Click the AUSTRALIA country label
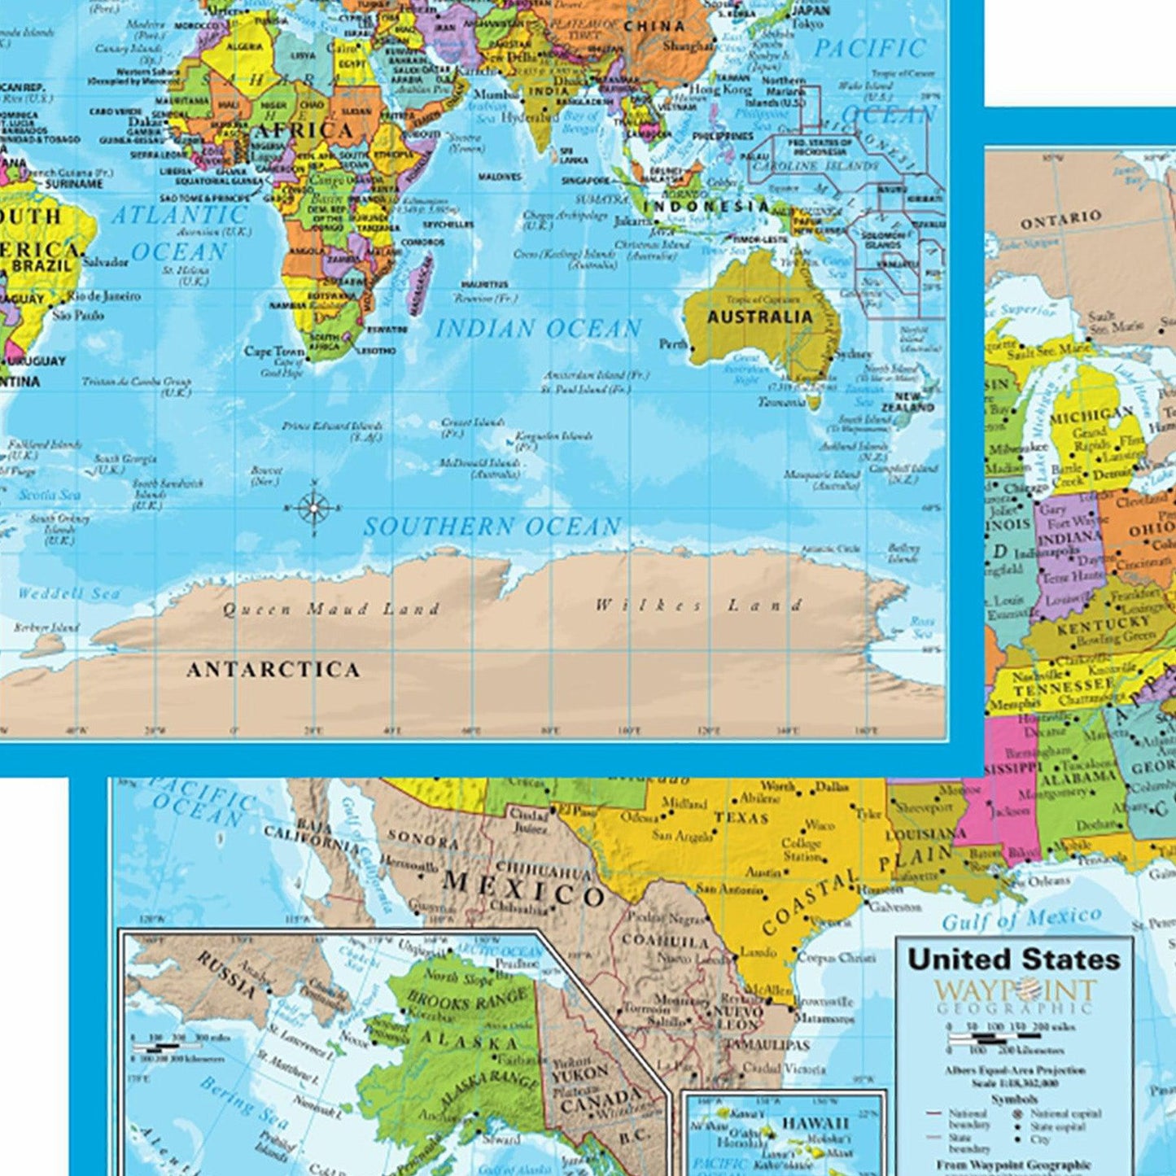coord(759,317)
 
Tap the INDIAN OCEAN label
coord(539,329)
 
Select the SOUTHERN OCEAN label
coord(492,527)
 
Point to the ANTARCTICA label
coord(273,670)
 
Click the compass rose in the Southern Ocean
coord(314,509)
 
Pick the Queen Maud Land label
coord(331,609)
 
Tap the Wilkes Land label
coord(699,605)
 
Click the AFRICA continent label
coord(305,131)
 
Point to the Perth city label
coord(674,344)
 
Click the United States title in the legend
coord(1014,960)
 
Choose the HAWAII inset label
coord(815,1123)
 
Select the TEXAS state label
coord(741,817)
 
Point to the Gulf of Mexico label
coord(1021,920)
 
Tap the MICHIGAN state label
coord(1091,417)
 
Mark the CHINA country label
coord(654,26)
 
